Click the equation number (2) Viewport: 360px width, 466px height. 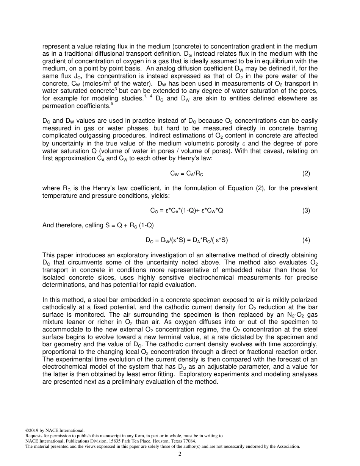click(306, 174)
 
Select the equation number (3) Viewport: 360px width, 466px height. click(306, 211)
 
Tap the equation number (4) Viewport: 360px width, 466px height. click(306, 240)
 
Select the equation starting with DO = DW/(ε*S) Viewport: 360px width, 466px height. click(186, 240)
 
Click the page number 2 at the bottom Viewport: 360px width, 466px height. click(180, 454)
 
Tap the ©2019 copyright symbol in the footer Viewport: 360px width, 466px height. click(27, 430)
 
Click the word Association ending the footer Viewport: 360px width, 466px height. click(288, 446)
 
